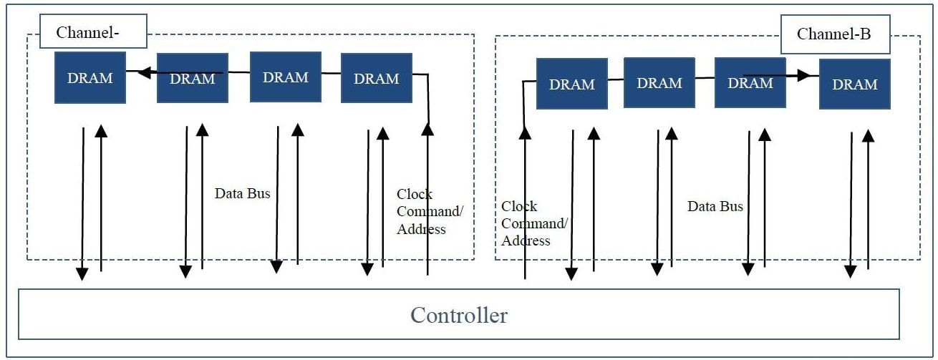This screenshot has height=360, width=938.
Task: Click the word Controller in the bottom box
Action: (458, 315)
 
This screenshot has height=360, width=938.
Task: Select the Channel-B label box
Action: (834, 34)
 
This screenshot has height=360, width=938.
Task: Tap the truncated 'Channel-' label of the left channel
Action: (92, 32)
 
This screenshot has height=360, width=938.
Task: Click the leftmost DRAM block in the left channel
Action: (90, 77)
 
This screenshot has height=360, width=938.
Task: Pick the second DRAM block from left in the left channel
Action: (192, 78)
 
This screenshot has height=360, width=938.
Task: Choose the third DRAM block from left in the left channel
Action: (285, 77)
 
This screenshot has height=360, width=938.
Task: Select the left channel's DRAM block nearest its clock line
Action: (376, 78)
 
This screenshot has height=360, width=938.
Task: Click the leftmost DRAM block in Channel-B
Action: (571, 84)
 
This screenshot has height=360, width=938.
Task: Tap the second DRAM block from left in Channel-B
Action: (659, 83)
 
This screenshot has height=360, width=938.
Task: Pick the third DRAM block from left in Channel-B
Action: (750, 83)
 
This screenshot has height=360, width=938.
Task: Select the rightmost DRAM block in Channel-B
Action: (854, 84)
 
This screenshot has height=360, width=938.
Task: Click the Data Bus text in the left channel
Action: (243, 193)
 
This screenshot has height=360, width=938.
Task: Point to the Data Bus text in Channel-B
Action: (715, 206)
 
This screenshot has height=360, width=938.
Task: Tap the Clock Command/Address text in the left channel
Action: (430, 212)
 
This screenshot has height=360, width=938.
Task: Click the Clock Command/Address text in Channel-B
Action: (534, 223)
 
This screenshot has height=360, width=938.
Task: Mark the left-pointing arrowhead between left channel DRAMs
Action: (144, 72)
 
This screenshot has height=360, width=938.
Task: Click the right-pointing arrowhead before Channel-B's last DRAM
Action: (804, 74)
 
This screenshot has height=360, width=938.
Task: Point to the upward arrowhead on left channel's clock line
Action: (427, 129)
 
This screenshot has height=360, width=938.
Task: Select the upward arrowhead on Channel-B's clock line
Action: (525, 132)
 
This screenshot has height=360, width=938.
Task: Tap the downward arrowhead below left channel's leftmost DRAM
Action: (82, 273)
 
